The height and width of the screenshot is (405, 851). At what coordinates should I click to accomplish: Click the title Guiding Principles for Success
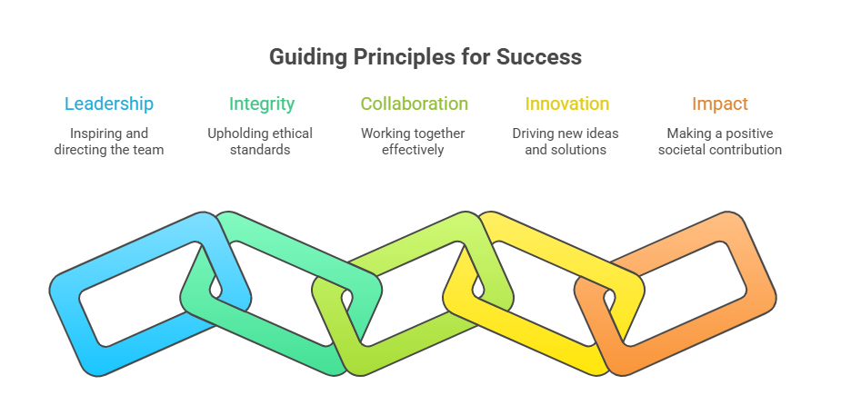[425, 57]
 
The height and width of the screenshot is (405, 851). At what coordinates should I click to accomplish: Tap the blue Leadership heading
[109, 104]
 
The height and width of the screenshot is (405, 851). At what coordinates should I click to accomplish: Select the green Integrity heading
[262, 104]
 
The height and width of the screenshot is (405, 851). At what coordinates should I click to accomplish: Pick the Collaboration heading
[414, 104]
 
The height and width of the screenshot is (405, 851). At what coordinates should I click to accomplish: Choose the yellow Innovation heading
[566, 104]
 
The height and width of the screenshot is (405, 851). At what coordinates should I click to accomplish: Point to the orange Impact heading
[719, 104]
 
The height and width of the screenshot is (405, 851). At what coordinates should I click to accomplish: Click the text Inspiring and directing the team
[109, 142]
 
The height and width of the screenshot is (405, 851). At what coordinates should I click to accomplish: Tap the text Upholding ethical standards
[260, 142]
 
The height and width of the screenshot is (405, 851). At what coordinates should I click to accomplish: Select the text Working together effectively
[413, 142]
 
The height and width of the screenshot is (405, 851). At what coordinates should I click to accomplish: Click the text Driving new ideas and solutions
[566, 142]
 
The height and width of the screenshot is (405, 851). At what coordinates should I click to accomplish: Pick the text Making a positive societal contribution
[719, 142]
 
